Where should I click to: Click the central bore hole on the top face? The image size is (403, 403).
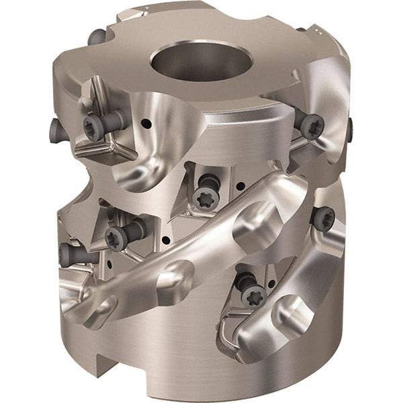201,62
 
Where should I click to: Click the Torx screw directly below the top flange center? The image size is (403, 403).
206,196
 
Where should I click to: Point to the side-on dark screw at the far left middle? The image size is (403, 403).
69,254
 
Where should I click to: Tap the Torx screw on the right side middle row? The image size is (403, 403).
323,218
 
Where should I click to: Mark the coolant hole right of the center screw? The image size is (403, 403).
239,186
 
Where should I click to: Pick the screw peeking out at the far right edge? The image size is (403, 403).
350,130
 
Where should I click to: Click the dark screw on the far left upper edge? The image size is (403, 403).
54,126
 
